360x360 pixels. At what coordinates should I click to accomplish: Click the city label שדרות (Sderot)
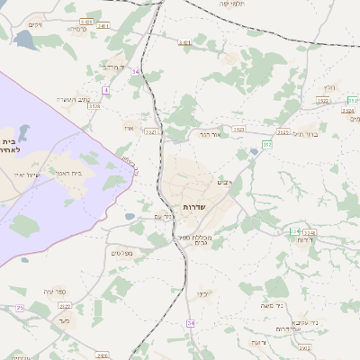click(x=195, y=207)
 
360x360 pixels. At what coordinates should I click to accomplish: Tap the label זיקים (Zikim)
click(x=35, y=24)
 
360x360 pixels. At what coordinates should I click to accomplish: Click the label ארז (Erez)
click(x=129, y=128)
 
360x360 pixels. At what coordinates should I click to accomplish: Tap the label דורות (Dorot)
click(x=305, y=240)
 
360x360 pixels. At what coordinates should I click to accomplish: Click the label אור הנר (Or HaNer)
click(x=211, y=134)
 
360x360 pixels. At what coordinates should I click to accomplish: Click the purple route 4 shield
click(x=105, y=90)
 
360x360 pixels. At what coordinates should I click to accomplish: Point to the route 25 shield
click(x=20, y=309)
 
